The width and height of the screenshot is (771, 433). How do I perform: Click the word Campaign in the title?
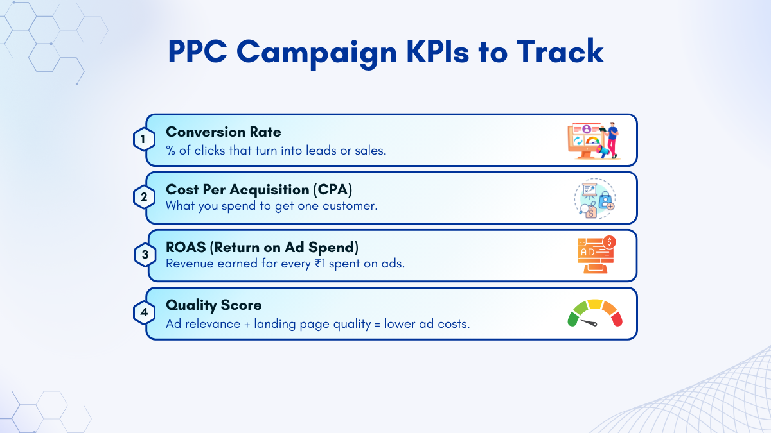click(317, 53)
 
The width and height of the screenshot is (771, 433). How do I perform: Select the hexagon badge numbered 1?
click(144, 139)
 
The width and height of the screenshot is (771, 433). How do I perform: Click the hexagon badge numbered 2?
click(144, 197)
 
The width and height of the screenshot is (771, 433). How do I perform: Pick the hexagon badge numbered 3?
click(145, 255)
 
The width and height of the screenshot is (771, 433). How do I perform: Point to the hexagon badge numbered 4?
click(144, 312)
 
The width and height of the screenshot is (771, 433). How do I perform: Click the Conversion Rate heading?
click(224, 132)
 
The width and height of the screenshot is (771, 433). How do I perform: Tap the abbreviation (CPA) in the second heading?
click(333, 190)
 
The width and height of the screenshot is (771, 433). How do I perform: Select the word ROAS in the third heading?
click(186, 248)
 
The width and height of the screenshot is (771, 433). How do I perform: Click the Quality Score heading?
click(214, 305)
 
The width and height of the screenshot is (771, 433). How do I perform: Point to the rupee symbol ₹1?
click(320, 264)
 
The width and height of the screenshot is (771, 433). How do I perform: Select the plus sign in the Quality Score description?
click(247, 325)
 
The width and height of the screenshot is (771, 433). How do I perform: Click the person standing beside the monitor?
click(612, 140)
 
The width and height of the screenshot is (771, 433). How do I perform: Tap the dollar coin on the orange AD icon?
click(609, 242)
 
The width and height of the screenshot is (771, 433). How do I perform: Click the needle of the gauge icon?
click(589, 323)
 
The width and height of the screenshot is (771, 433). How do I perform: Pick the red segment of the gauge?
click(617, 319)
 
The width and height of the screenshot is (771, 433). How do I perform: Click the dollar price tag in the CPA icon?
click(590, 212)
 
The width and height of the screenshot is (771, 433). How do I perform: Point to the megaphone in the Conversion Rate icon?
click(603, 151)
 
